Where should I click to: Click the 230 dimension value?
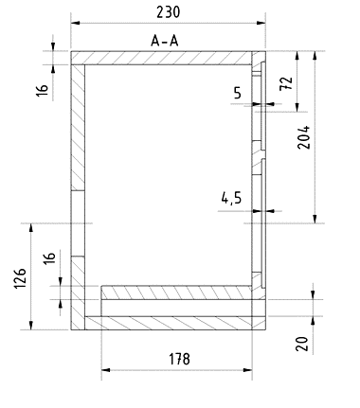click(169, 12)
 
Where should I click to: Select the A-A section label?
click(165, 41)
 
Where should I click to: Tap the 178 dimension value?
click(179, 359)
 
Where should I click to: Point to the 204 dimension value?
click(304, 137)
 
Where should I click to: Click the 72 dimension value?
click(286, 83)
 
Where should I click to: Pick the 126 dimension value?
click(20, 278)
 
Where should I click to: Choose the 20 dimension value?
click(302, 344)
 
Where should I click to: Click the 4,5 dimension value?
click(231, 198)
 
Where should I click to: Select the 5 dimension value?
click(238, 93)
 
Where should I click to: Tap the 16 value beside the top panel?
click(43, 90)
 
